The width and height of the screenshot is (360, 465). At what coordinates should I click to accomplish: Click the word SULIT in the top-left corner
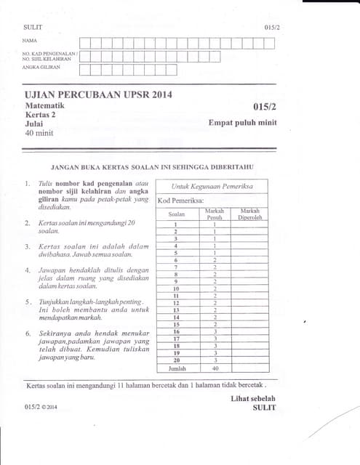pos(33,26)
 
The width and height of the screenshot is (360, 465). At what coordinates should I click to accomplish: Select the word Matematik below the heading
pos(44,106)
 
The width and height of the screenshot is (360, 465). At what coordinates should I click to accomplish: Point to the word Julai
pos(33,124)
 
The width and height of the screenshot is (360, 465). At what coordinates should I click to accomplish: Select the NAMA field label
pos(30,41)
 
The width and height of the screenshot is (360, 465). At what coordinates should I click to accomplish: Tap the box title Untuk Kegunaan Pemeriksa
pos(212,187)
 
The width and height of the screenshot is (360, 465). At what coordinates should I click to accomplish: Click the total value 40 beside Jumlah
pos(215,368)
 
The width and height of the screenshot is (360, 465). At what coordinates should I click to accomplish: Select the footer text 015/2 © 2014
pos(41,408)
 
